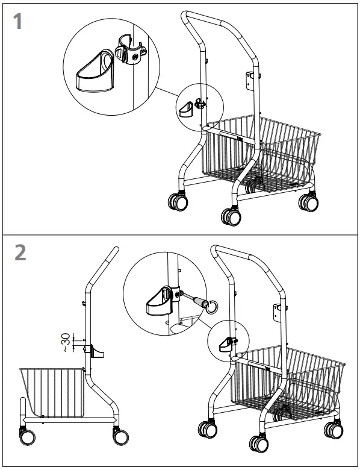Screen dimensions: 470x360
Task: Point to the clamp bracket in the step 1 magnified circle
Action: pyautogui.click(x=128, y=52)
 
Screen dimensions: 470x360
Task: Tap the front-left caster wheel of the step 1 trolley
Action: pyautogui.click(x=177, y=201)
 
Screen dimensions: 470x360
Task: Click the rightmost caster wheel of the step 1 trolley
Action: pyautogui.click(x=308, y=201)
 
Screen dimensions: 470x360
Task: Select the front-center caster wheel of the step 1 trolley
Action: pyautogui.click(x=231, y=216)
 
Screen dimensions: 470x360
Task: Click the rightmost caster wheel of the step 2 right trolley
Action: pyautogui.click(x=333, y=430)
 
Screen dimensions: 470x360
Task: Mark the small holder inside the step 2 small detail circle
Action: pyautogui.click(x=226, y=344)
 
